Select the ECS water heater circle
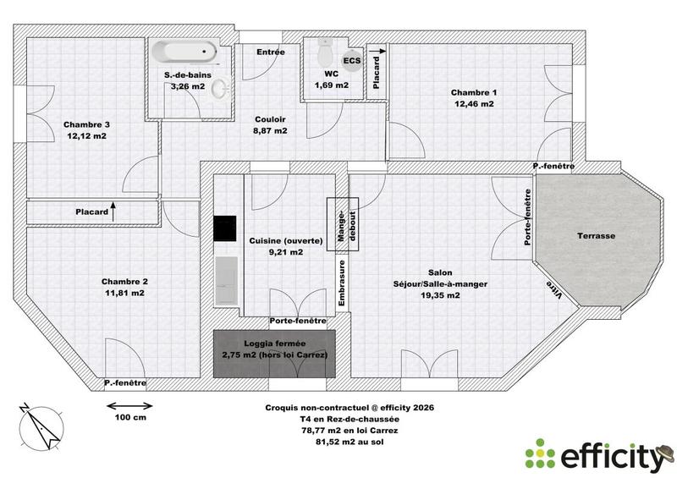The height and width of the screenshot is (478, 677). point(351,62)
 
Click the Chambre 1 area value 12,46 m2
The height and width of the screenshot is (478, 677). point(472,104)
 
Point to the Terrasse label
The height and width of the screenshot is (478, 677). point(597,236)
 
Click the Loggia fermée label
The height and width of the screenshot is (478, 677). point(275,343)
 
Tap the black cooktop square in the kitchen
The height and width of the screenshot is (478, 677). point(224,228)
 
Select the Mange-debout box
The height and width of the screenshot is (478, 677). point(343,224)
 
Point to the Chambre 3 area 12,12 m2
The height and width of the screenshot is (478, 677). point(86,135)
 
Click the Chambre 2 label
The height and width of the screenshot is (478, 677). point(125,282)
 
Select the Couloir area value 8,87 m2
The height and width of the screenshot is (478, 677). point(270,131)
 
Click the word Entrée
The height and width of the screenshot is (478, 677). point(271,52)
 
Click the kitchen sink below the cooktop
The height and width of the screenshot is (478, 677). point(226,273)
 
